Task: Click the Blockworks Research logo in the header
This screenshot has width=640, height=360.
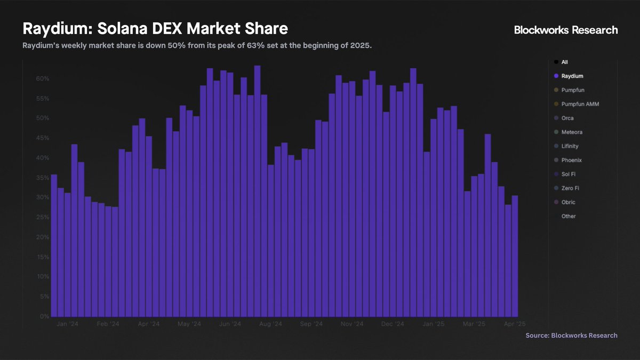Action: click(x=566, y=30)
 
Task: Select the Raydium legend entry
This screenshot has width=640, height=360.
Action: click(x=572, y=76)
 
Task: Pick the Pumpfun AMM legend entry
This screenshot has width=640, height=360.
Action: click(x=580, y=104)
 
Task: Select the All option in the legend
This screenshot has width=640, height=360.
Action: click(x=564, y=62)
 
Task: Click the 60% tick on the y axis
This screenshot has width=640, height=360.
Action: click(x=43, y=79)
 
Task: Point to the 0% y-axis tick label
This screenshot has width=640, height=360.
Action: click(x=45, y=316)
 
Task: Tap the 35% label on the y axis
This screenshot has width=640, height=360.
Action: click(x=43, y=178)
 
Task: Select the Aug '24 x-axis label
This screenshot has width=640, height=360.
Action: click(x=270, y=324)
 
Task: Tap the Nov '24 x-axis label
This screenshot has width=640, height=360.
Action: click(x=351, y=324)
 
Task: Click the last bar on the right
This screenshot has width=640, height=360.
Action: click(x=515, y=256)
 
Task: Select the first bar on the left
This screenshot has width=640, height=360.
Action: click(x=54, y=245)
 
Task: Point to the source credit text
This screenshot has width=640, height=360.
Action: click(x=571, y=335)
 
